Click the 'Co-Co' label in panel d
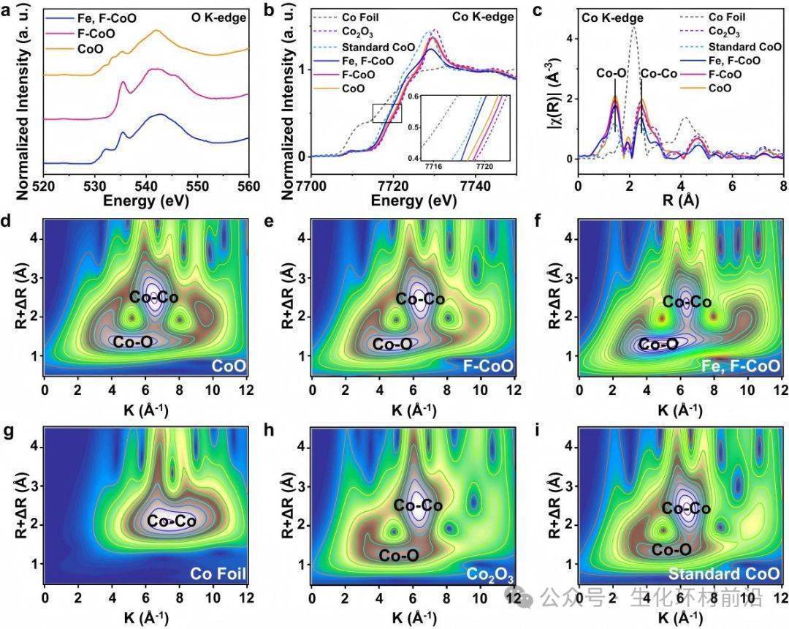[x=154, y=297]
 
